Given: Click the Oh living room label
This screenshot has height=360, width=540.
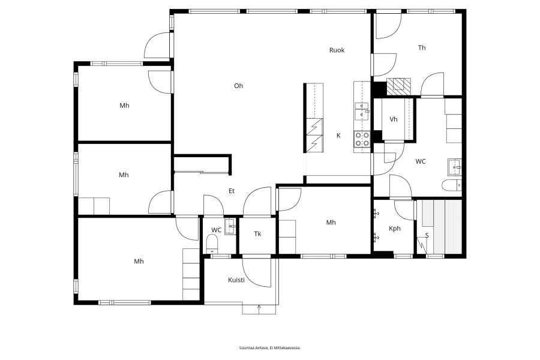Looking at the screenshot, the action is tap(238, 86).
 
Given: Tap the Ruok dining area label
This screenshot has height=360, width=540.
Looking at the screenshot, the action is tap(337, 50).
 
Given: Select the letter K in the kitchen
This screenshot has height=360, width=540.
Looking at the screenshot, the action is tap(338, 136).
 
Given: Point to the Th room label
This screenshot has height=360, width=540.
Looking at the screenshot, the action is tap(422, 48).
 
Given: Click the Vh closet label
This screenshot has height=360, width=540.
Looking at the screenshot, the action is tap(394, 119).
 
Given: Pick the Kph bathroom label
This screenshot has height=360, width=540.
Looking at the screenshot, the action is tap(395, 229).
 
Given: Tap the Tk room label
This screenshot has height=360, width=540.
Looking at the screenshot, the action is tap(257, 234).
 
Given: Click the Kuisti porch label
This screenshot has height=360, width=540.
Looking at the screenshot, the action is tap(236, 280).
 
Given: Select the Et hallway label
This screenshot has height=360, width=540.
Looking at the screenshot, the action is tap(232, 191).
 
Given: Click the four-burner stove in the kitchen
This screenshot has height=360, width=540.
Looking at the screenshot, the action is tap(362, 139).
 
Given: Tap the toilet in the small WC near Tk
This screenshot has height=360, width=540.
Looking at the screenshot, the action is tap(212, 243).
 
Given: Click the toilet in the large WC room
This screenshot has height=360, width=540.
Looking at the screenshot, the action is tap(452, 185).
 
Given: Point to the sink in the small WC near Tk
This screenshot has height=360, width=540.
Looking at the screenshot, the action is tap(230, 226).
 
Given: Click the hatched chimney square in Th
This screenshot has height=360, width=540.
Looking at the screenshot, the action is tap(398, 86).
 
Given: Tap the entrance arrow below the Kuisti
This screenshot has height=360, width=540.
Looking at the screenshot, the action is tap(259, 309).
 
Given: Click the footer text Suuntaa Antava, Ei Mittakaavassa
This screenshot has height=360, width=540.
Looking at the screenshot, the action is tap(270, 348).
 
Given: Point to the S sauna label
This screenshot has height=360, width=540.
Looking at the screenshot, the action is tap(427, 236).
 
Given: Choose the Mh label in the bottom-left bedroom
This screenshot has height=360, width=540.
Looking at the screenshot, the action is tap(139, 262).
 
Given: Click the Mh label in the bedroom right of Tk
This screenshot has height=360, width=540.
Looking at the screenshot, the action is tap(331, 223).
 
